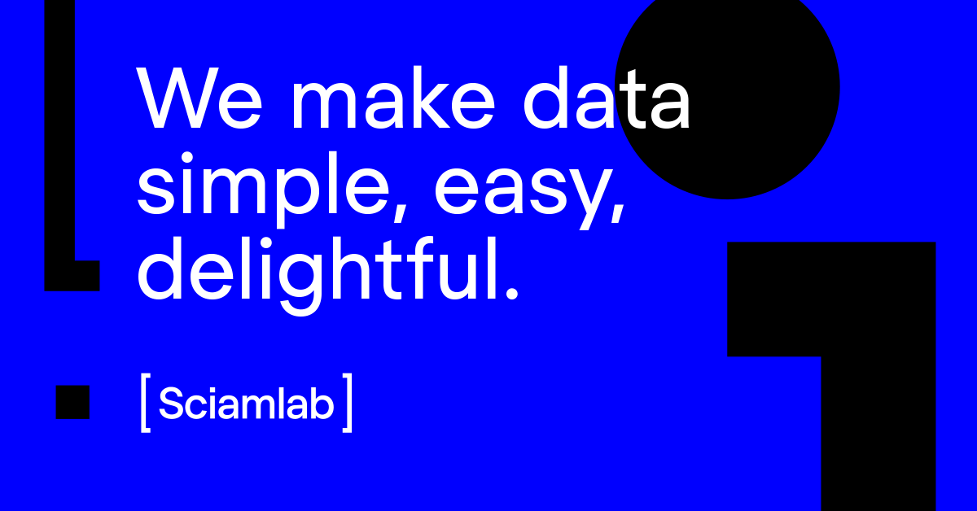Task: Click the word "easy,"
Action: (529, 187)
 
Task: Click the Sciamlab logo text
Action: (247, 403)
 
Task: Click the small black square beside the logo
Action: (72, 403)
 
